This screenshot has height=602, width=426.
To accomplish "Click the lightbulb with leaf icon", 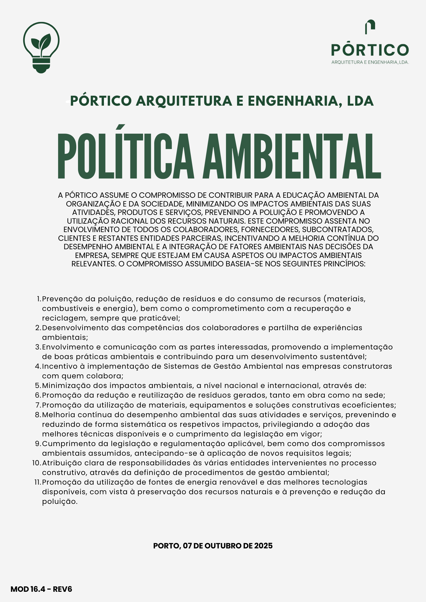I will (x=41, y=47).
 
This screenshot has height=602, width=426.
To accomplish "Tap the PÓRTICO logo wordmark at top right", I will (x=370, y=50).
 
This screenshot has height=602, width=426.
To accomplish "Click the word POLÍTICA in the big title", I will (x=125, y=156).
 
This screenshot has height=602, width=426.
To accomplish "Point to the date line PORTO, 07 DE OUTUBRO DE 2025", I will (x=213, y=546).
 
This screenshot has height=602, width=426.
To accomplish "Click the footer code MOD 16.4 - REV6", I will (x=41, y=589).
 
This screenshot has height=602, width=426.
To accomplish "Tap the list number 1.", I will (x=38, y=299).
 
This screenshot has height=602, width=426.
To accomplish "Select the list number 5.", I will (x=38, y=386).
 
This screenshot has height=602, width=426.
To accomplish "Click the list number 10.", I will (x=36, y=463).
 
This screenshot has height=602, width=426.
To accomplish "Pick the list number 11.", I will (x=37, y=482).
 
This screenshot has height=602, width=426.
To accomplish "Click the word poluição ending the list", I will (x=59, y=501).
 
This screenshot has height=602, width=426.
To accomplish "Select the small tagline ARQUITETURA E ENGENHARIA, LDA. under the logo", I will (x=370, y=62).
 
